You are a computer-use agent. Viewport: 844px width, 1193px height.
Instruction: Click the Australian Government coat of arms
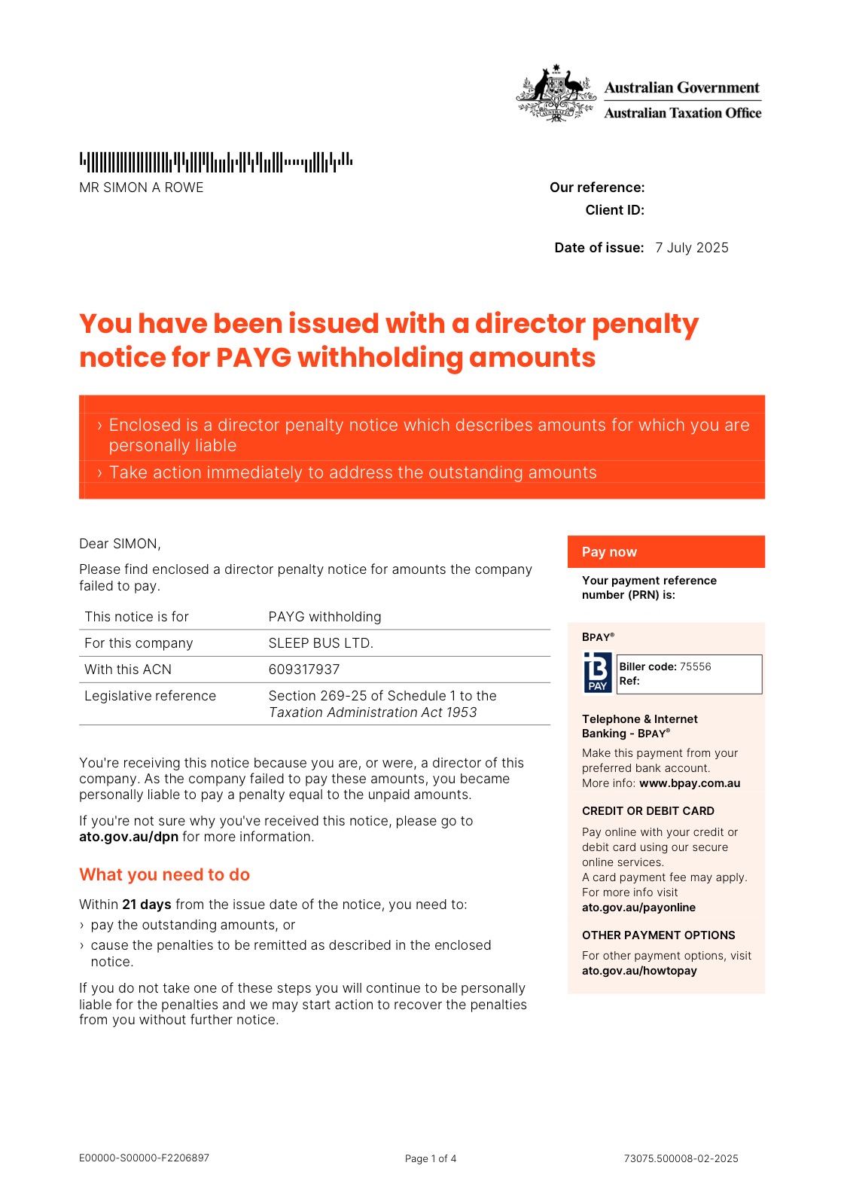click(x=555, y=93)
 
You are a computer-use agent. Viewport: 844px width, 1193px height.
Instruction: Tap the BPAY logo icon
click(x=598, y=672)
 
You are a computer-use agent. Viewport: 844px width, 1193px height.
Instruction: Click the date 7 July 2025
click(x=692, y=248)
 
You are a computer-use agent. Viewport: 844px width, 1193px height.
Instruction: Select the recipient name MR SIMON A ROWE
click(x=142, y=188)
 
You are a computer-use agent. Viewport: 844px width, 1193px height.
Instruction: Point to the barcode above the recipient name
click(x=215, y=162)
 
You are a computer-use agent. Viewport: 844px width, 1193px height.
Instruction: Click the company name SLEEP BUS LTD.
click(x=321, y=643)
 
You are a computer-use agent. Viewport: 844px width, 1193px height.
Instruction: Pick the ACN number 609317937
click(x=304, y=670)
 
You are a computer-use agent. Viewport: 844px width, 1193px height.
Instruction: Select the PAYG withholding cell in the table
click(x=324, y=617)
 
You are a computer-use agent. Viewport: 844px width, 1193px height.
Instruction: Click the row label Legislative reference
click(x=150, y=696)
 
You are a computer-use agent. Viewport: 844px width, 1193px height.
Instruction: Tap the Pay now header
click(x=609, y=552)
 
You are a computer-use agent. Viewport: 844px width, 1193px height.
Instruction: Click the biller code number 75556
click(x=695, y=667)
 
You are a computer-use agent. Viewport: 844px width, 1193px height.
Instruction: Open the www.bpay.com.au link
click(x=690, y=783)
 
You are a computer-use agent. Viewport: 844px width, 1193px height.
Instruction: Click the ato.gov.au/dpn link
click(x=129, y=837)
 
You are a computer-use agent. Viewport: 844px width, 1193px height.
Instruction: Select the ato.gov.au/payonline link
click(x=638, y=908)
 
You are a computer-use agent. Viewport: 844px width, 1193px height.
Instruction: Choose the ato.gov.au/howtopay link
click(x=639, y=971)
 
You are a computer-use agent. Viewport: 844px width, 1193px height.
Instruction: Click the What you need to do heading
click(x=164, y=874)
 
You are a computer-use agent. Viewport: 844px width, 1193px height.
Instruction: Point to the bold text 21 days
click(x=147, y=905)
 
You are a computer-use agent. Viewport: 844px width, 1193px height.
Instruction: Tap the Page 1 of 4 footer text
click(x=431, y=1158)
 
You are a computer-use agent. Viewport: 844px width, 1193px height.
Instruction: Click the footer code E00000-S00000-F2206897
click(x=144, y=1158)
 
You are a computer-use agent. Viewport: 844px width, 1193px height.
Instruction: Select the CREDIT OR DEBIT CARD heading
click(x=648, y=811)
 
